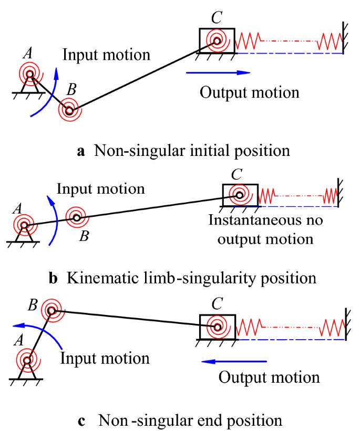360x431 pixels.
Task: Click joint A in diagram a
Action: (29, 74)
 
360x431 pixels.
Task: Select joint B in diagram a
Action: (69, 110)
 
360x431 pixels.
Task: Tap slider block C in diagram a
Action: (217, 39)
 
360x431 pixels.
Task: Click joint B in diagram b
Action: (77, 217)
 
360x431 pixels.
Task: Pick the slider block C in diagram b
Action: (240, 196)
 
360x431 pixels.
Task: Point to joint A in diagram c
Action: (27, 361)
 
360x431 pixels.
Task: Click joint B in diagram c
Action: (52, 311)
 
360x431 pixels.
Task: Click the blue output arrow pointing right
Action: (218, 72)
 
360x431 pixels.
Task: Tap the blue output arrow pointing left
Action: (234, 361)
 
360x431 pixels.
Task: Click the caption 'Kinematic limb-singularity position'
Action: (191, 278)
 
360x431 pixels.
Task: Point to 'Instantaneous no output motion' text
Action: (265, 229)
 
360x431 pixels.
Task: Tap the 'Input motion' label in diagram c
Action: (105, 359)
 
